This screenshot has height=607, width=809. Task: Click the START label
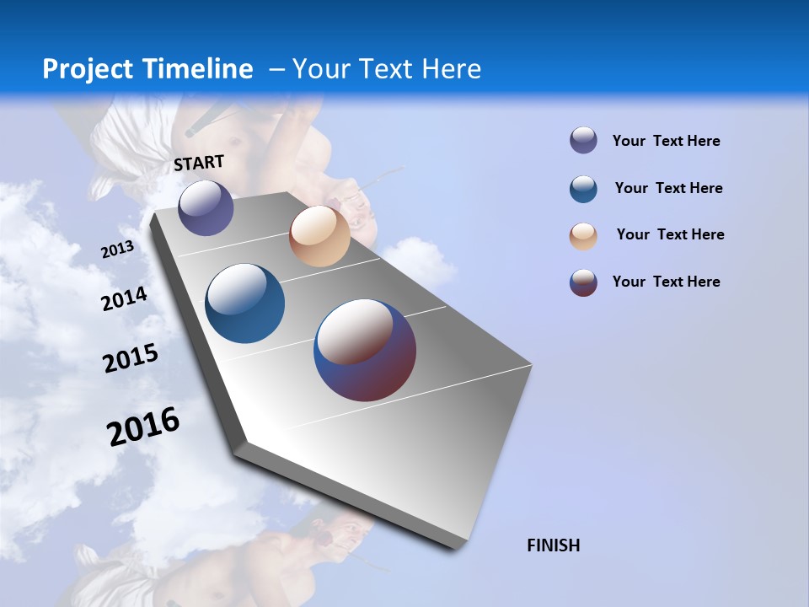tap(199, 163)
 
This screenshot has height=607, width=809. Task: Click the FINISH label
tap(553, 545)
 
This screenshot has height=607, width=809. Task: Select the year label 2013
tap(117, 250)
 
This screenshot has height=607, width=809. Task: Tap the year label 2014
tap(124, 299)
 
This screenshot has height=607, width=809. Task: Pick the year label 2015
tap(131, 358)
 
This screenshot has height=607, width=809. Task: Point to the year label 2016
tap(143, 427)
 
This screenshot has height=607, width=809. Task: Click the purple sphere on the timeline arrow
tap(206, 207)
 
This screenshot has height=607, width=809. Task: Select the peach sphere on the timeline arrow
tap(319, 236)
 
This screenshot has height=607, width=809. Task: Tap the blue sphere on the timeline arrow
tap(244, 303)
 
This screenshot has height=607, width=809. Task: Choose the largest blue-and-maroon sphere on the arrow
tap(365, 350)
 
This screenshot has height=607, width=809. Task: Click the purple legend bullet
tap(583, 141)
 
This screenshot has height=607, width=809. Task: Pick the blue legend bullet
tap(583, 189)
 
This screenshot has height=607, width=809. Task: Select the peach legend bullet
tap(583, 236)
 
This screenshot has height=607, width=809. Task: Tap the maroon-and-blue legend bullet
tap(583, 282)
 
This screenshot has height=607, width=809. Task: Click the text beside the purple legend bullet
tap(666, 142)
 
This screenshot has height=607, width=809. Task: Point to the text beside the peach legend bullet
tap(670, 234)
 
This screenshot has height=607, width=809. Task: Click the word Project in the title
tap(88, 69)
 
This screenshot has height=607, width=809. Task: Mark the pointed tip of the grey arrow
tap(459, 544)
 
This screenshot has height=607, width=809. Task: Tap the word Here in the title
tap(452, 69)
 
